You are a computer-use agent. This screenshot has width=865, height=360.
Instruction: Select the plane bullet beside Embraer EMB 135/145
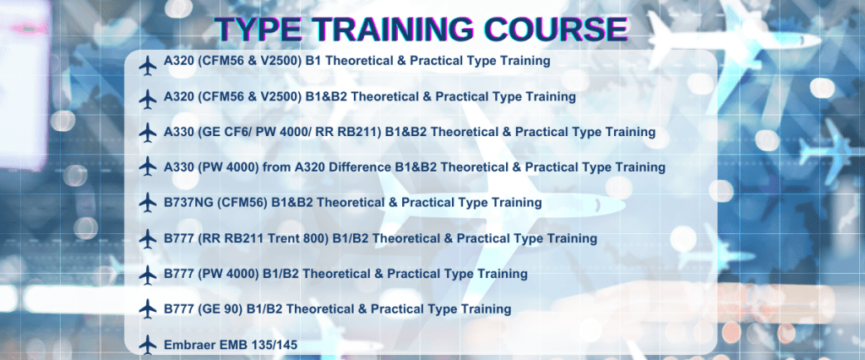point(147,345)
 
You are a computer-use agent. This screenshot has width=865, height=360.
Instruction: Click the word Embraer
point(186,345)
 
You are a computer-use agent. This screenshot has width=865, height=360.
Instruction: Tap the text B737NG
point(188,203)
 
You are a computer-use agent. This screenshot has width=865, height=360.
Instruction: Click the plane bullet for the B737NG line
point(147,203)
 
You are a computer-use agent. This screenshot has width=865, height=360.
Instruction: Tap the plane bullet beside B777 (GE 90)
point(147,309)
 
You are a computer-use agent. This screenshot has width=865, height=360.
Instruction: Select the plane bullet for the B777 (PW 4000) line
point(147,275)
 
